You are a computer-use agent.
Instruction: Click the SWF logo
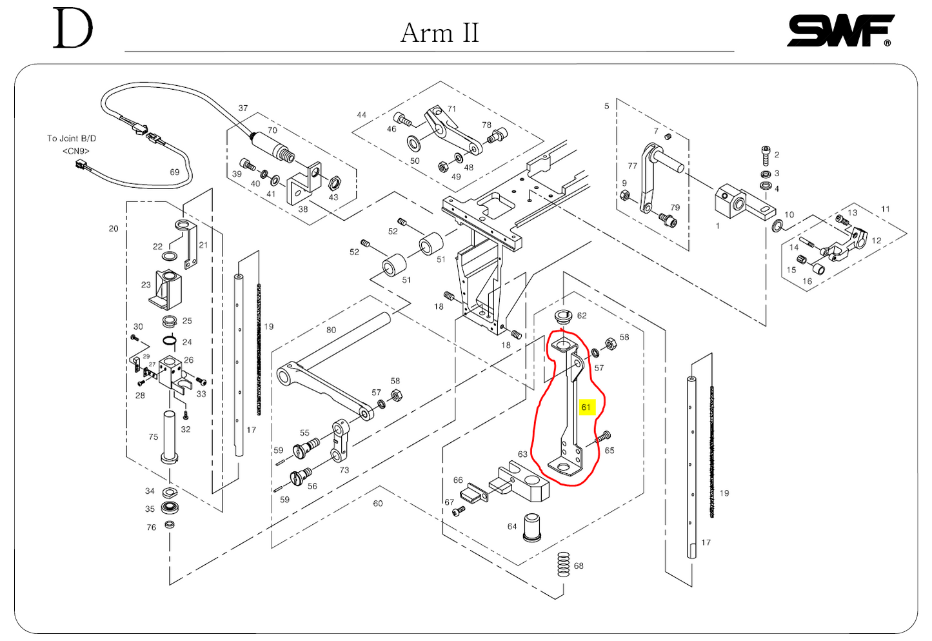click(840, 31)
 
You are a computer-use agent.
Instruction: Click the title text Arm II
click(439, 33)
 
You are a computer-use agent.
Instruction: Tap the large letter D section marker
click(72, 29)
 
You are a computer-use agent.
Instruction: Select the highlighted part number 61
click(586, 407)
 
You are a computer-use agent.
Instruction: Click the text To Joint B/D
click(72, 138)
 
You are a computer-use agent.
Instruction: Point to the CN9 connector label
click(75, 151)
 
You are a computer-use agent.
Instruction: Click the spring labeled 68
click(564, 565)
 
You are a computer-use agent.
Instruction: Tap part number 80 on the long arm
click(331, 330)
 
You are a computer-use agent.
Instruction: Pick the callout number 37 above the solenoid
click(243, 108)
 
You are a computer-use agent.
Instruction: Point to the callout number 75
click(153, 437)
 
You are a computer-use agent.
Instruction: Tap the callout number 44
click(361, 115)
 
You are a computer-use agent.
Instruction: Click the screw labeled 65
click(602, 437)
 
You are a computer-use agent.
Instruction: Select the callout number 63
click(522, 454)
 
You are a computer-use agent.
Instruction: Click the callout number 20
click(114, 229)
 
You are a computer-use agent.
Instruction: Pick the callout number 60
click(378, 504)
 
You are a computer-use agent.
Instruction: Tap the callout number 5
click(606, 106)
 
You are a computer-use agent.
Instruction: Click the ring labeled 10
click(777, 225)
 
